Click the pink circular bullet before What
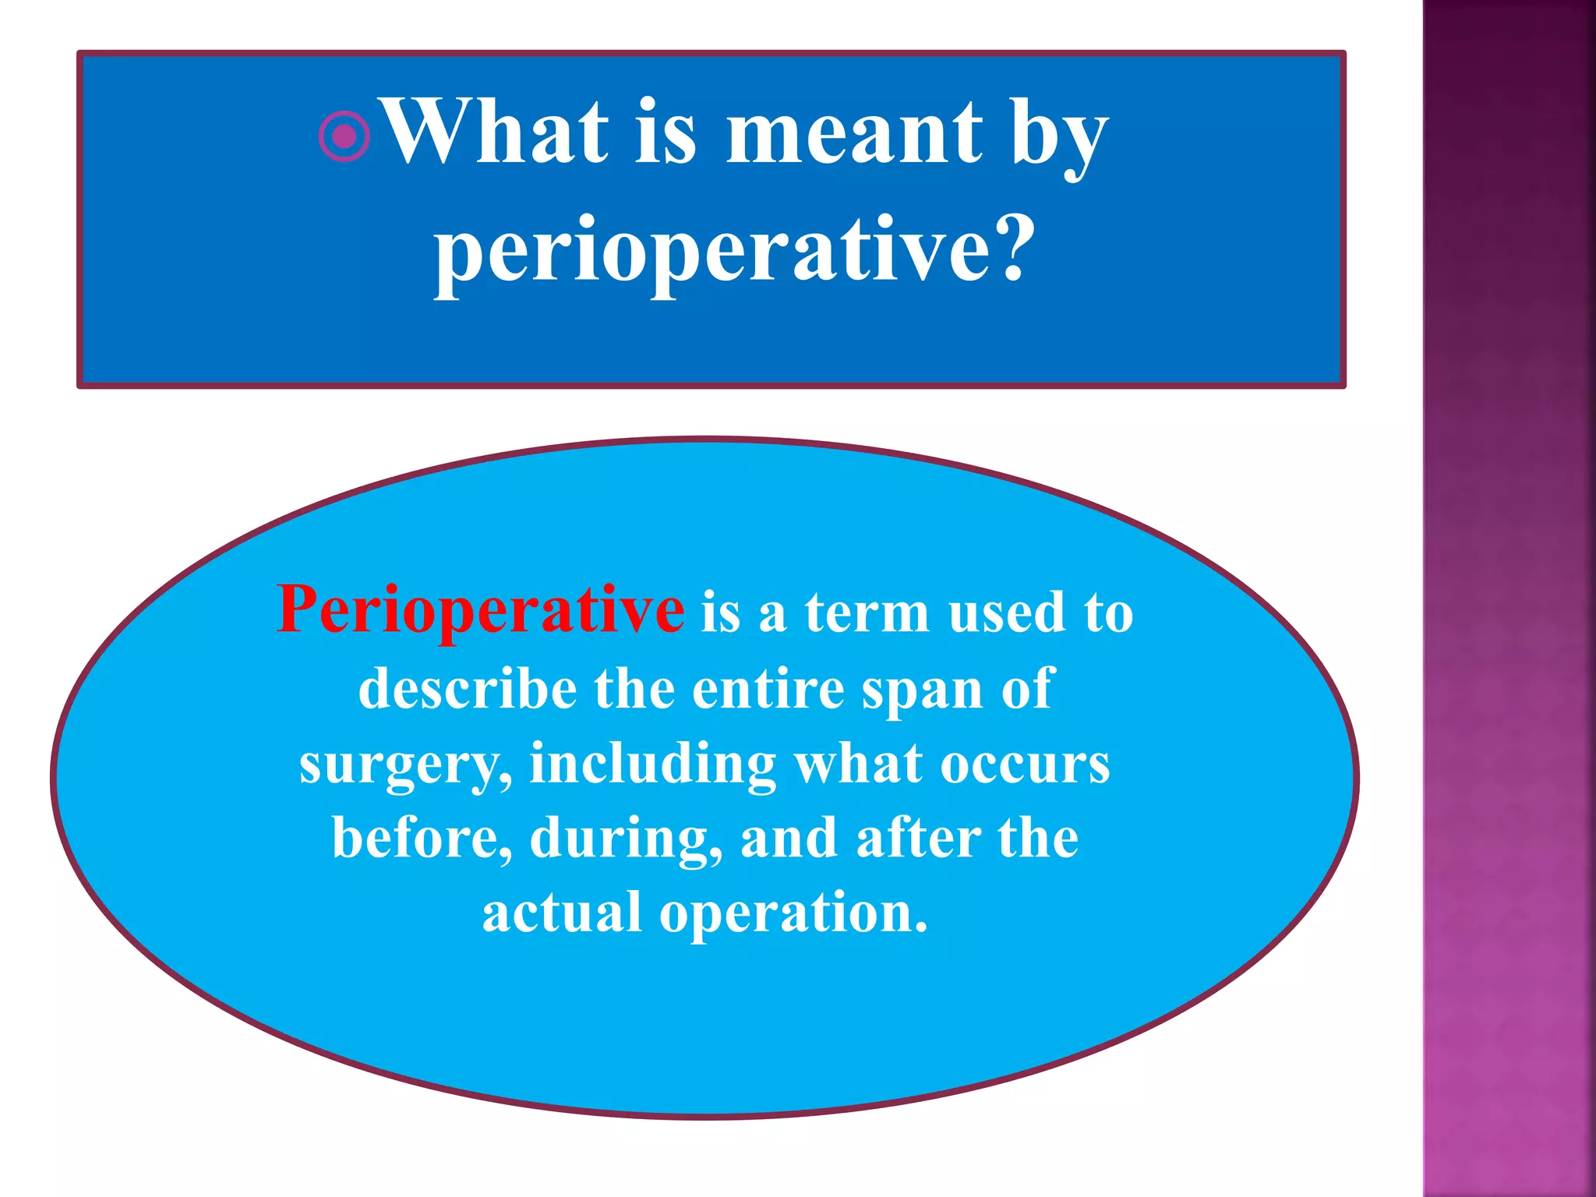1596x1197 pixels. pyautogui.click(x=344, y=136)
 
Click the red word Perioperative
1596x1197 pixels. pyautogui.click(x=481, y=610)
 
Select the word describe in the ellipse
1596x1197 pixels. pyautogui.click(x=468, y=689)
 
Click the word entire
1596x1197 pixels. pyautogui.click(x=768, y=689)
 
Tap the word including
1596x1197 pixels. pyautogui.click(x=653, y=764)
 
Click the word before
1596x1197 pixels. pyautogui.click(x=422, y=839)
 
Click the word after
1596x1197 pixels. pyautogui.click(x=918, y=839)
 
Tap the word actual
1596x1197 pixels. pyautogui.click(x=561, y=913)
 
